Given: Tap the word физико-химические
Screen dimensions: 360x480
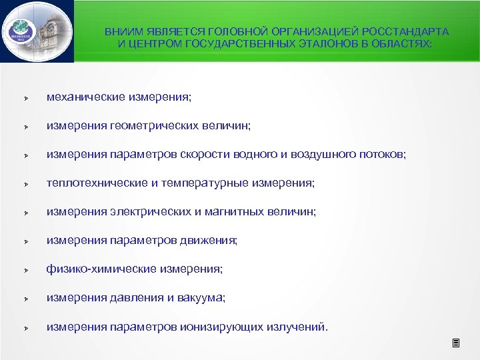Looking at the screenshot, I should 100,269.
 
